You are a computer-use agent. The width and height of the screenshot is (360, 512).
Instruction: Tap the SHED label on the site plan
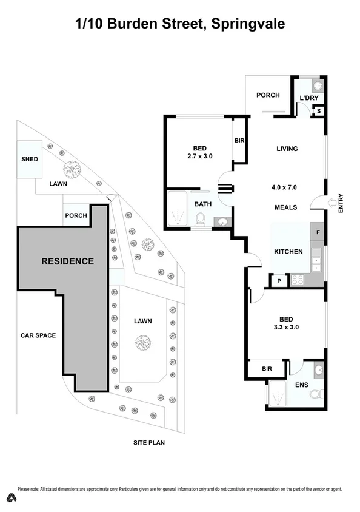(30, 159)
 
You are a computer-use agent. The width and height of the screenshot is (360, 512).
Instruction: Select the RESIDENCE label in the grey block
(67, 261)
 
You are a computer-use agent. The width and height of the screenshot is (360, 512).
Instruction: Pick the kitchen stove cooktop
(299, 280)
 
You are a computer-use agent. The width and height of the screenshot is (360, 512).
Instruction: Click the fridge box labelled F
(317, 231)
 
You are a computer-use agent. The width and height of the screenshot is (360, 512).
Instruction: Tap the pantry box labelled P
(279, 281)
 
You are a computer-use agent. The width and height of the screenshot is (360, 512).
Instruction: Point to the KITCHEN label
(288, 251)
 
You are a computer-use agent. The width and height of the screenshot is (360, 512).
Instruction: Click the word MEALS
(285, 207)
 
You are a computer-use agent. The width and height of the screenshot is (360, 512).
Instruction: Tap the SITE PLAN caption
(149, 442)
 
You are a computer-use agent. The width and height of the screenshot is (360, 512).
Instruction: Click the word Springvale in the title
(248, 24)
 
